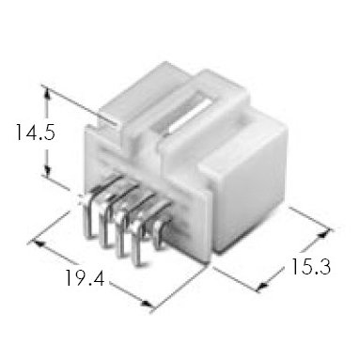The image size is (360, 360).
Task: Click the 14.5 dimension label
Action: (x=36, y=133)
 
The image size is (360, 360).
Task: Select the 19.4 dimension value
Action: (x=85, y=277)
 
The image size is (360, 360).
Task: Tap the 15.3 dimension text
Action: (x=311, y=267)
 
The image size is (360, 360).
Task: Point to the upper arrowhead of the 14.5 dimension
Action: (x=48, y=93)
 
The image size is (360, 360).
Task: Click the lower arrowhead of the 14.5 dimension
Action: (x=47, y=172)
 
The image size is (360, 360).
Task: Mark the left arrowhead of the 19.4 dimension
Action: (x=39, y=243)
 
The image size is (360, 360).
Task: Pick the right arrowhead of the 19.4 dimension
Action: (x=147, y=304)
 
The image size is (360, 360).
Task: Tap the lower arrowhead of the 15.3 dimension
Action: (x=262, y=285)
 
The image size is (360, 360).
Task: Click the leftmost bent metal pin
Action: (x=88, y=216)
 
